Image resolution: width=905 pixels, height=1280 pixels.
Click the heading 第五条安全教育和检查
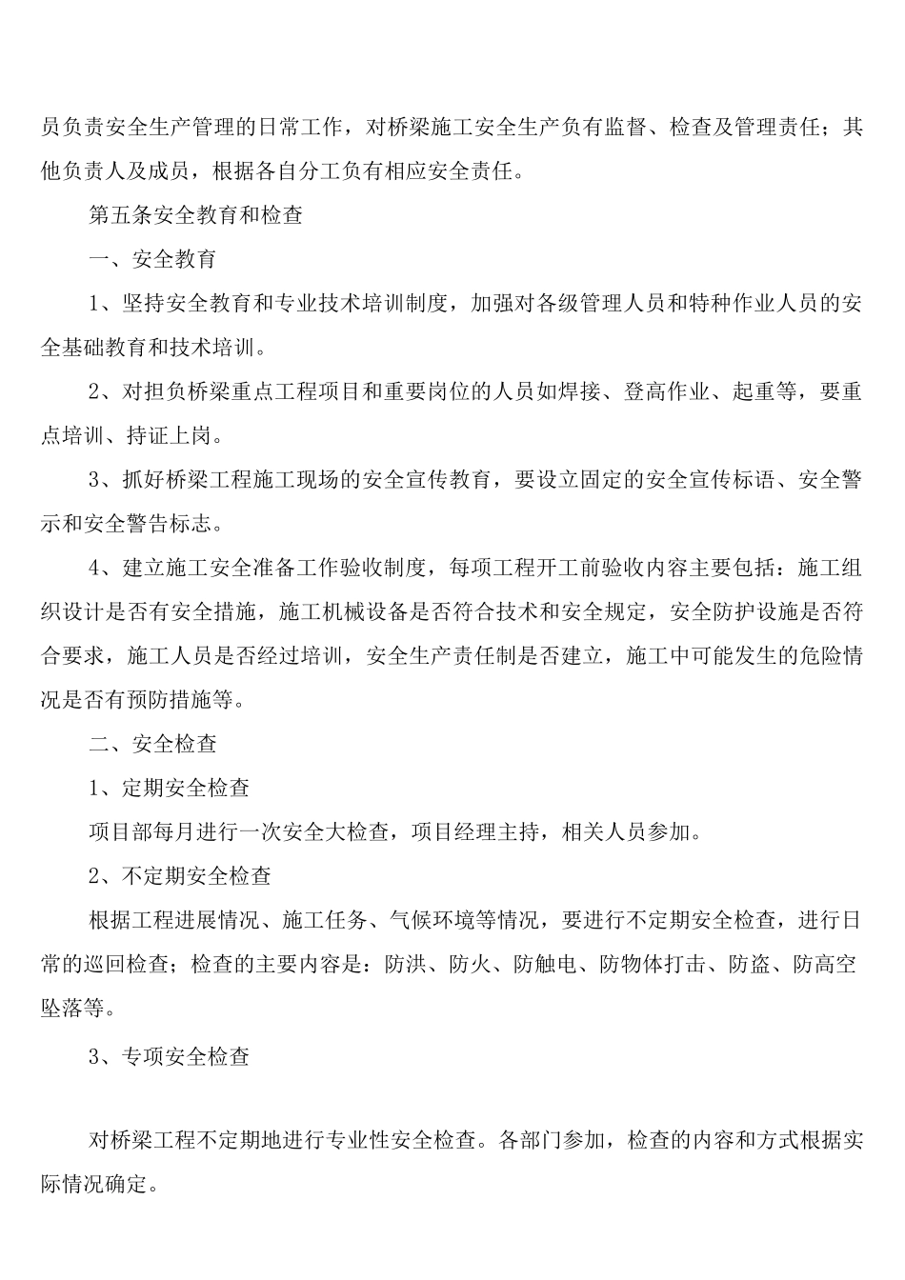click(x=195, y=215)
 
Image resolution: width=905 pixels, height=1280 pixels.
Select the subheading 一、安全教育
click(x=152, y=259)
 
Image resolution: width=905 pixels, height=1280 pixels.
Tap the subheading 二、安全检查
click(x=152, y=744)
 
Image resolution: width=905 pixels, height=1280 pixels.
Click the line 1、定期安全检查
click(x=170, y=788)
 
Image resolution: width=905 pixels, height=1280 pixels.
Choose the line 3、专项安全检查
click(x=170, y=1056)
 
